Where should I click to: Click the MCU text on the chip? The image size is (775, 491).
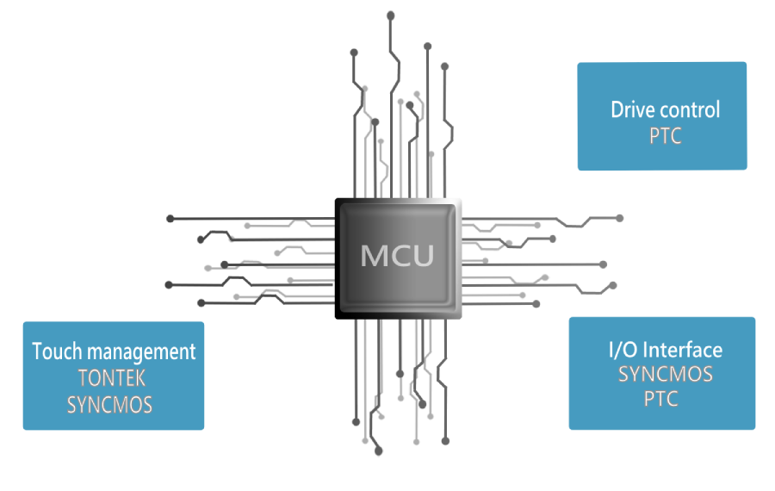tap(397, 256)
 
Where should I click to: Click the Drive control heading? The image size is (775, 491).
tap(665, 110)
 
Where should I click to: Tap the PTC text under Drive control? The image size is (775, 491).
tap(665, 137)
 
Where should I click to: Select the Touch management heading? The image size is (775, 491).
tap(114, 351)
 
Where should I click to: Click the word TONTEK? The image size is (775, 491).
tap(112, 378)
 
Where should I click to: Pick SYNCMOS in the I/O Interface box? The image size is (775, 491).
tap(665, 375)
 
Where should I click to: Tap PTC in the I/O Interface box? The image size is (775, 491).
tap(660, 400)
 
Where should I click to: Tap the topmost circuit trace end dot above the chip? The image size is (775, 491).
tap(390, 15)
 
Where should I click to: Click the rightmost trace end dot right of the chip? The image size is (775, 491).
tap(619, 218)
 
